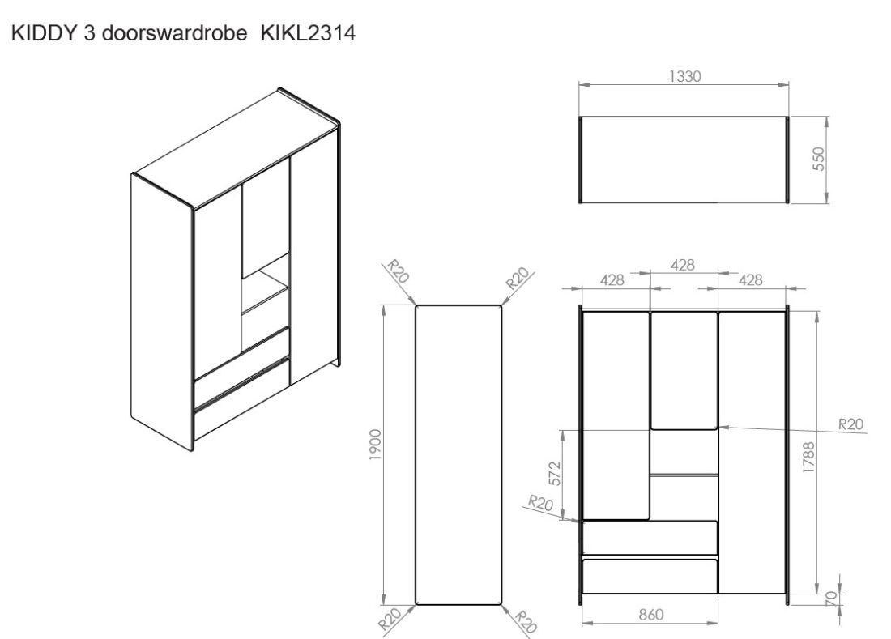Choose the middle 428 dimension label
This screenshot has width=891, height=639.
click(684, 265)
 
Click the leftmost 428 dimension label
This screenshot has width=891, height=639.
click(612, 279)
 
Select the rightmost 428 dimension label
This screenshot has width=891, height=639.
click(751, 279)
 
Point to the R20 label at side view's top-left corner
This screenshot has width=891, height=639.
click(398, 271)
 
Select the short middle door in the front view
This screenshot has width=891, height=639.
click(684, 369)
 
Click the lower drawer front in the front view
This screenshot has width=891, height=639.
click(649, 576)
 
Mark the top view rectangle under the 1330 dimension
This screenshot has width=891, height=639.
click(684, 160)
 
